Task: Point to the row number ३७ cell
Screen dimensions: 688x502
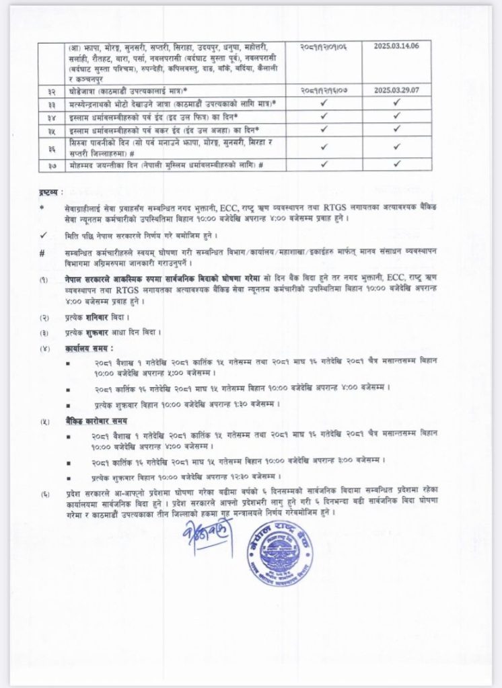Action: coord(52,165)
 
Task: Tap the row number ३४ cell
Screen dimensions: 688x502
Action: coord(52,115)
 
